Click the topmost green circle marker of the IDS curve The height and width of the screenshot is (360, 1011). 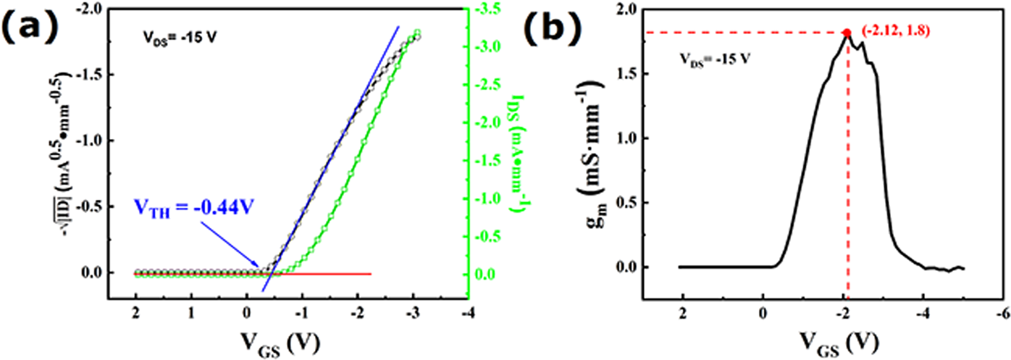pyautogui.click(x=417, y=33)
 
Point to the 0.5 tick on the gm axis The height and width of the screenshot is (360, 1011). pyautogui.click(x=629, y=202)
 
